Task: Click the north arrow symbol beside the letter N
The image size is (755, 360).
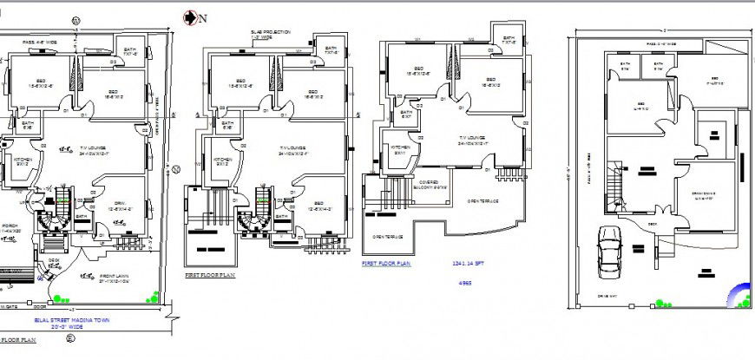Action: click(188, 16)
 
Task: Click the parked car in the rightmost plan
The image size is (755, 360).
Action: click(610, 251)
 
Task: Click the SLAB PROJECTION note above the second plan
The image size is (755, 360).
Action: click(270, 35)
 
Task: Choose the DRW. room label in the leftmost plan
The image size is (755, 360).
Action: click(119, 206)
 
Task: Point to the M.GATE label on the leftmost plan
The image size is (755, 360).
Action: click(10, 306)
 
